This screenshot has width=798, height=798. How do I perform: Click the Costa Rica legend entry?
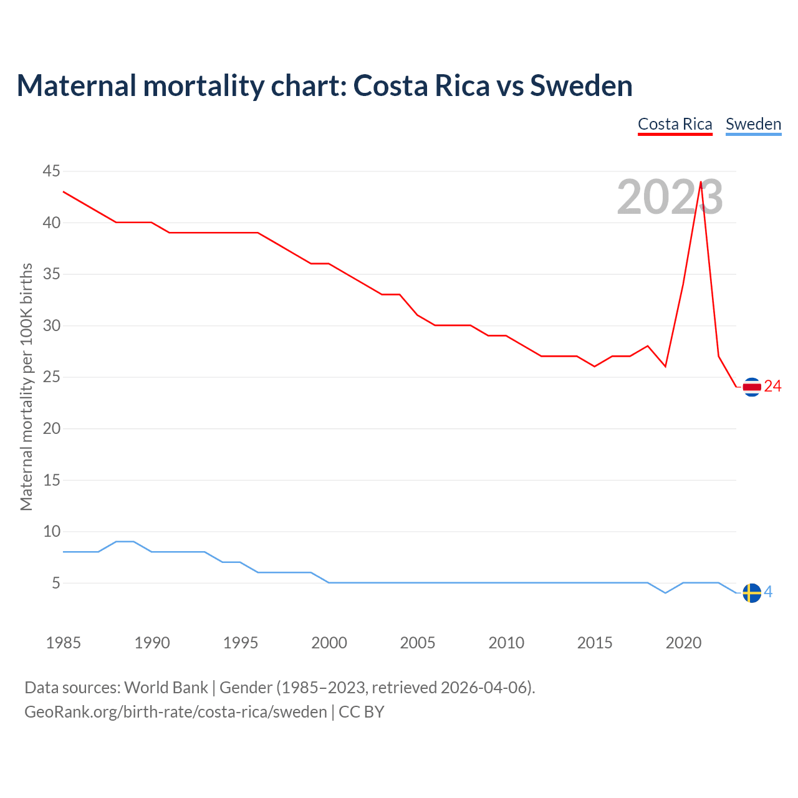coord(675,124)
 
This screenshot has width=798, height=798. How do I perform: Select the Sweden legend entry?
coord(753,124)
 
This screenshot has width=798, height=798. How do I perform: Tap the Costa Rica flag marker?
coord(752,387)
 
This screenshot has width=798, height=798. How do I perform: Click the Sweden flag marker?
coord(752,593)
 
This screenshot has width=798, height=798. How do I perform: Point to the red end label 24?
coord(773,387)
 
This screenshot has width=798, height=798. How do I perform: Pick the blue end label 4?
coord(769,592)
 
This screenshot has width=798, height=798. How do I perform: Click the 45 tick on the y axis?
coord(52,171)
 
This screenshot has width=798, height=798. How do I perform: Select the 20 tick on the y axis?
coord(52,428)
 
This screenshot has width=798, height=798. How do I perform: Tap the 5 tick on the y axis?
coord(56,583)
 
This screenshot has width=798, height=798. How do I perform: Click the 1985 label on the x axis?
coord(64,643)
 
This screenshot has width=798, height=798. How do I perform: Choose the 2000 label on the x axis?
coord(329,643)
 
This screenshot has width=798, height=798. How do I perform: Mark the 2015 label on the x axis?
coord(595,643)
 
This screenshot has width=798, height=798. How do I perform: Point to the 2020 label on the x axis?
coord(683,643)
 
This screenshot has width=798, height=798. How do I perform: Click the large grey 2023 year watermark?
coord(670,198)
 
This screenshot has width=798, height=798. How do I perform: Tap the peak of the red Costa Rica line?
coord(701,182)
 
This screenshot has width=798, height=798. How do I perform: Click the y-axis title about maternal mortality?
coord(26,387)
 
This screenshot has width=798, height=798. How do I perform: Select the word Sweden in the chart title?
coord(581,85)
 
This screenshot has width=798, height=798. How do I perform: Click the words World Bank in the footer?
coord(166,688)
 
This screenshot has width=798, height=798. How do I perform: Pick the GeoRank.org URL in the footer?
coord(175,712)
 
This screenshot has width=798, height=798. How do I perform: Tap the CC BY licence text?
coord(362,712)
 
